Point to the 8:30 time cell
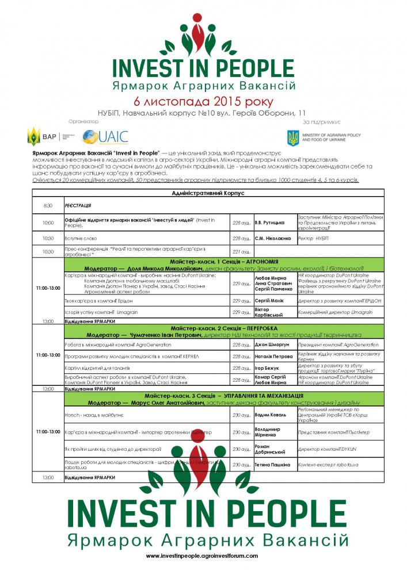pos(48,205)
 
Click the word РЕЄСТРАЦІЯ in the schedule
pos(78,205)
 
